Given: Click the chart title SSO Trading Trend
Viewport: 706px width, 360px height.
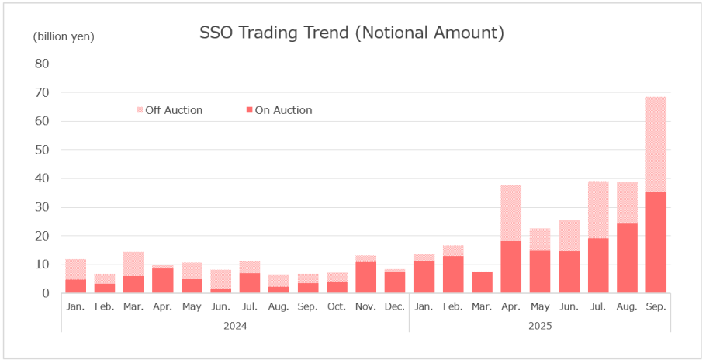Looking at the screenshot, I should [x=351, y=33].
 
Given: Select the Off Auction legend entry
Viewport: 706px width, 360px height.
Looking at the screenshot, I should [x=173, y=110].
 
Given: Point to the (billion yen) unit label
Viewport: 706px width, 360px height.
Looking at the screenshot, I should [x=64, y=36].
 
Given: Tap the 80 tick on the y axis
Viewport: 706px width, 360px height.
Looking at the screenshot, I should [x=42, y=64].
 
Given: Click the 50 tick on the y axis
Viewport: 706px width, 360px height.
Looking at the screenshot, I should [x=42, y=150].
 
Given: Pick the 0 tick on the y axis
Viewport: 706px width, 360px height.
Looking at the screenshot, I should [x=46, y=293].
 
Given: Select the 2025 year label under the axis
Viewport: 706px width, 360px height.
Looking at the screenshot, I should [x=539, y=326].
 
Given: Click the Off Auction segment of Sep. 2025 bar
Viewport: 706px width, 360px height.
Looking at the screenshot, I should [x=656, y=144].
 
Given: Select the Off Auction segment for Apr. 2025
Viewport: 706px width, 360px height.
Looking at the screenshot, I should [x=510, y=213].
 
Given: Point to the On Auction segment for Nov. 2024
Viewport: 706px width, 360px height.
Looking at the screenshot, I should [x=365, y=278].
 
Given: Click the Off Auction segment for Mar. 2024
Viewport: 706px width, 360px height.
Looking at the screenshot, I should [x=133, y=264].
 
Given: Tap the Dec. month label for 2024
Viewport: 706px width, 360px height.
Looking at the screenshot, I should [x=394, y=307].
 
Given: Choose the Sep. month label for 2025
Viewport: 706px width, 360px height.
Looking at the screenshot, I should [x=656, y=307].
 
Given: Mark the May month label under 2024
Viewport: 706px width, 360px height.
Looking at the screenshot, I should [x=192, y=307].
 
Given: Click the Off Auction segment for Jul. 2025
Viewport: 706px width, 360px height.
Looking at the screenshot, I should [x=597, y=209].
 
